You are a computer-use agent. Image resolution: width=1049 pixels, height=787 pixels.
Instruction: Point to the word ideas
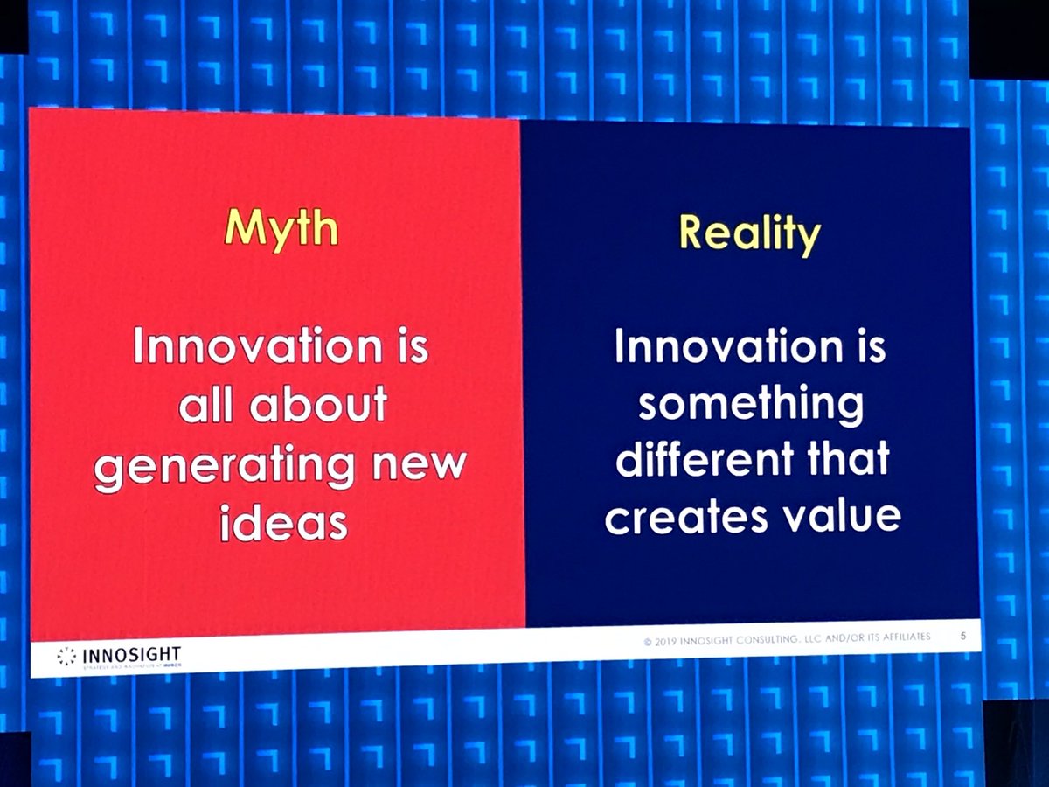283,522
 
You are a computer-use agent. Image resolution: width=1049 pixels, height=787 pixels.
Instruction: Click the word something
751,404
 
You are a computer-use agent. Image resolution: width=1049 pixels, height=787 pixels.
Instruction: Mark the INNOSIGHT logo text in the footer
132,654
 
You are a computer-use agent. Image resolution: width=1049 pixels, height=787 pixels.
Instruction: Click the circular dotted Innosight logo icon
66,656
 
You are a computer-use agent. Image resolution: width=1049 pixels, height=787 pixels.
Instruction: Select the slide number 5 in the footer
962,636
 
